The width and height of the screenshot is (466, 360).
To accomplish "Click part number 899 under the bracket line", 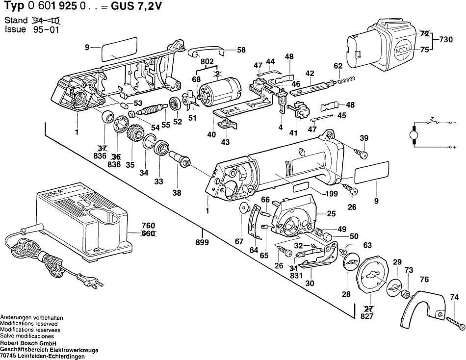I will pyautogui.click(x=202, y=242).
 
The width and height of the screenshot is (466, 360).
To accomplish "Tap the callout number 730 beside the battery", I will pyautogui.click(x=446, y=39).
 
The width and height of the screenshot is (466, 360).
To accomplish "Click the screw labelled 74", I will pyautogui.click(x=456, y=321).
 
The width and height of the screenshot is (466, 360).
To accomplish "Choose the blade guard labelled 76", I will pyautogui.click(x=422, y=307).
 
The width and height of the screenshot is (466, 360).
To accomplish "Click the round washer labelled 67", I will pyautogui.click(x=243, y=208).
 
